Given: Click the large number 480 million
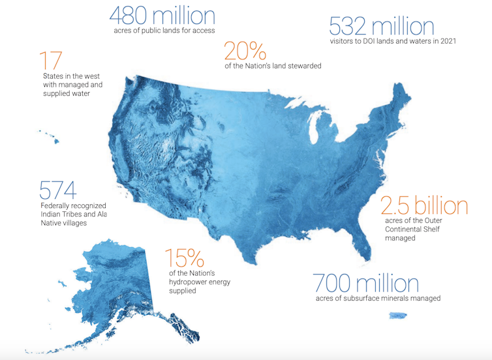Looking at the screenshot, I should [162, 15].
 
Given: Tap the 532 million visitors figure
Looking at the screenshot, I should [382, 26].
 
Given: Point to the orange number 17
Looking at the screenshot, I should [50, 61].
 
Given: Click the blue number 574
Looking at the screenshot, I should [58, 190].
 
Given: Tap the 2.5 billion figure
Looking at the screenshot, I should [424, 206].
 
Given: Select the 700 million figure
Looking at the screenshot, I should [365, 283].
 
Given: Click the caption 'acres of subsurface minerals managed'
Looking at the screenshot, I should [378, 298].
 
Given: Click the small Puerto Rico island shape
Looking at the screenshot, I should [397, 316].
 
